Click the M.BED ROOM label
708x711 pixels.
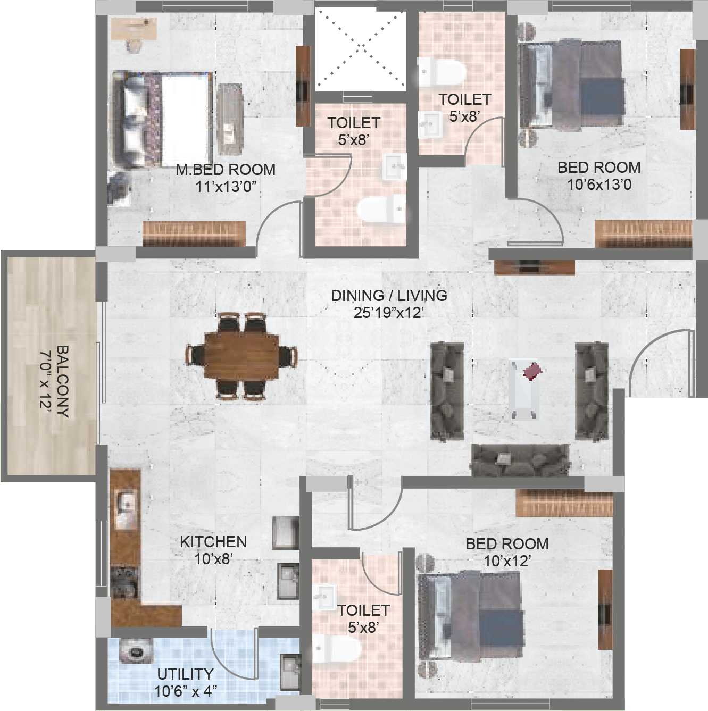[x=226, y=170]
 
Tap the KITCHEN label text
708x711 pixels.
[x=213, y=542]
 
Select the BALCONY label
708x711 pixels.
[x=63, y=381]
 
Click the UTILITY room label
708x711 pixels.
[x=185, y=674]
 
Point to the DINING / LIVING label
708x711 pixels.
[x=389, y=296]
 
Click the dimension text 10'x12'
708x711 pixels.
[x=507, y=561]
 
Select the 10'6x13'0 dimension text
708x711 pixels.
[x=599, y=185]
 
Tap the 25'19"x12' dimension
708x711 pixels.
[x=388, y=313]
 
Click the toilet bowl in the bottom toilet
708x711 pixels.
[x=336, y=649]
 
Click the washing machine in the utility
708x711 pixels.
[x=136, y=653]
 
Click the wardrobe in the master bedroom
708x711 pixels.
[x=194, y=233]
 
